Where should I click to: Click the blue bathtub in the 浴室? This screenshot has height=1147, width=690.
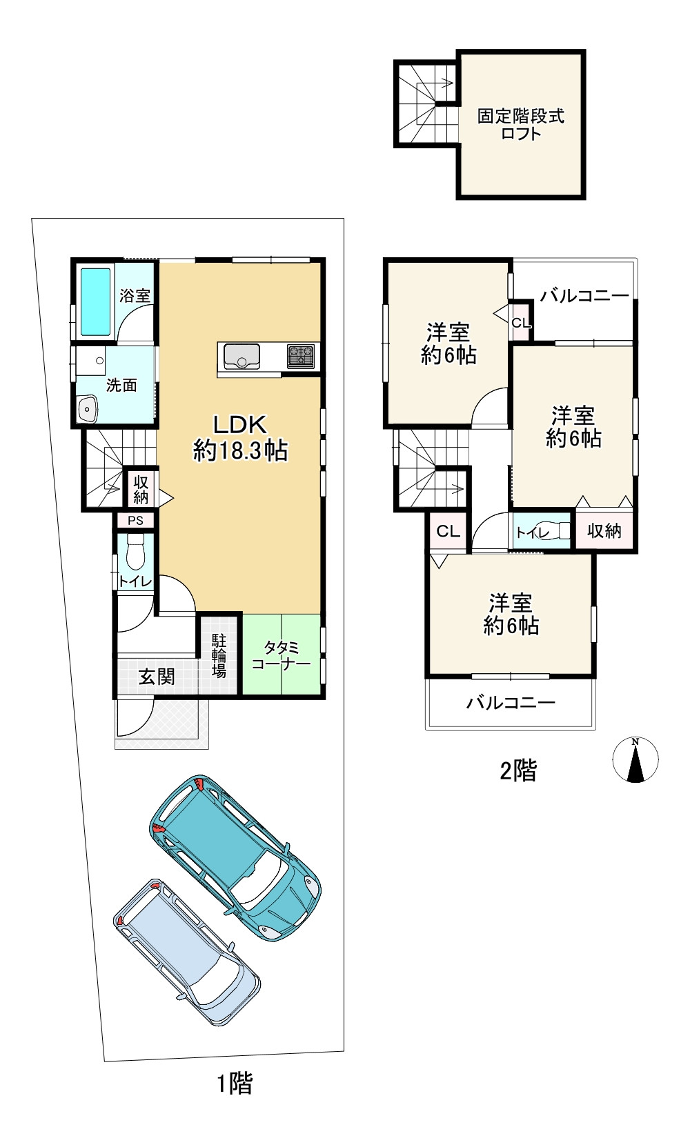point(95,301)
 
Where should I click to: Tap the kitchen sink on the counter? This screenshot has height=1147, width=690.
point(241,356)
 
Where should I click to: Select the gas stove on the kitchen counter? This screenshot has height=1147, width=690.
point(301,357)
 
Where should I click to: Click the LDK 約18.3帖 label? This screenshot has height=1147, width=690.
point(240,438)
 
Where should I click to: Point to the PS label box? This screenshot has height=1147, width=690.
point(136,520)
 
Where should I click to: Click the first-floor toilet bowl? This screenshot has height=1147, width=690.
point(136,551)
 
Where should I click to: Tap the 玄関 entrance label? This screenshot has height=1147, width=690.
point(157,677)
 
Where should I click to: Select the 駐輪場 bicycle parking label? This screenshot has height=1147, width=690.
point(219,655)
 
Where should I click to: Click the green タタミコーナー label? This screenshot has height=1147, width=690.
point(282,655)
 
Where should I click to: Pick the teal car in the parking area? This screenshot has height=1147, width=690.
point(235,857)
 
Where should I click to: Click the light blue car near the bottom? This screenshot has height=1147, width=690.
point(186,952)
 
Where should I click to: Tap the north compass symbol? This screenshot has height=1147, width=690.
point(635,759)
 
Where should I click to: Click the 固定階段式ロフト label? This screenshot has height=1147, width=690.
point(520,124)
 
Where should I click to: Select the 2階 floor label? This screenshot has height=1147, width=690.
point(518,770)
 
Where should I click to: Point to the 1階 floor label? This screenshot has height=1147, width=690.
point(235,1084)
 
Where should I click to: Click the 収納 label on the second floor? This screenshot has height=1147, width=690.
point(604,531)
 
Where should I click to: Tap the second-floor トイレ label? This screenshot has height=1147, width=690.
point(533,532)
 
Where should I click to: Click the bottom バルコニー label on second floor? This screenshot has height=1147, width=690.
point(511,703)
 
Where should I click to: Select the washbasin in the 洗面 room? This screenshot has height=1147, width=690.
point(88,409)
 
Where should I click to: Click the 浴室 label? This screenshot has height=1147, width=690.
point(135,295)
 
